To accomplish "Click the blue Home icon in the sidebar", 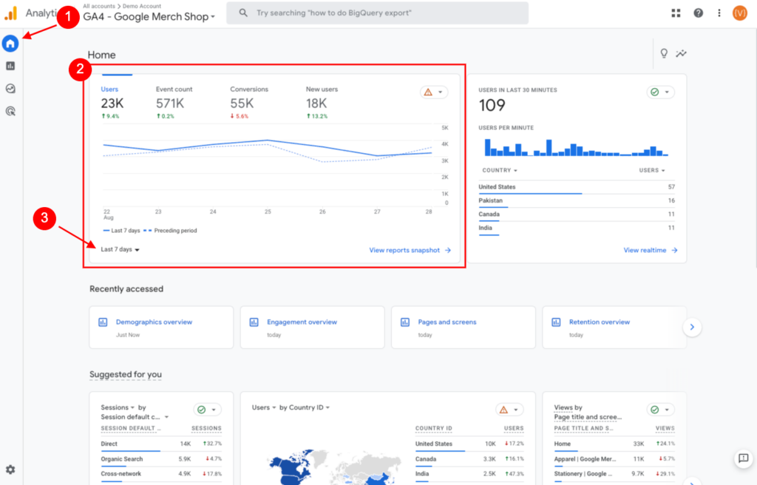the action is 10,44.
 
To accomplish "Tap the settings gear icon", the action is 10,469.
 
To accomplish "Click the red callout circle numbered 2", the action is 80,69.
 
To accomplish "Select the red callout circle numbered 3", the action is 44,218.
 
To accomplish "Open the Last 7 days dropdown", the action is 120,249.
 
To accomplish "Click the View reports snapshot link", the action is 410,250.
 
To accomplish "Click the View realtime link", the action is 651,250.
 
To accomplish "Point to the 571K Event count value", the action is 170,104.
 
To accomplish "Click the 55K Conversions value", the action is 242,104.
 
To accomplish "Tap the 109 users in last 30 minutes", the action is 492,105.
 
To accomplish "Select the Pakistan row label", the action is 491,200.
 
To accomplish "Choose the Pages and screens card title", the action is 447,322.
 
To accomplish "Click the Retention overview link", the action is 599,322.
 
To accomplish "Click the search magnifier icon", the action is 243,13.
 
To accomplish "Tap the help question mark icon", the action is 698,13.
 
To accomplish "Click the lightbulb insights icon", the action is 664,53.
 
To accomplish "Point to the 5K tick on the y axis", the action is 445,127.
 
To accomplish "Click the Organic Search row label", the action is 122,459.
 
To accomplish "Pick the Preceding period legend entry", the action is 171,231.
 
